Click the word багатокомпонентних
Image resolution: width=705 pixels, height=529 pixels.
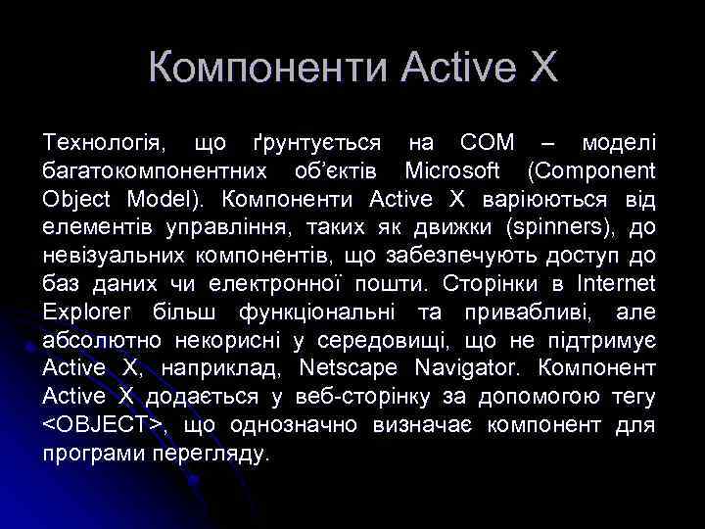tap(156, 172)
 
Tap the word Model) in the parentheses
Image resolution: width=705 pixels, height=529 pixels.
tap(167, 200)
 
